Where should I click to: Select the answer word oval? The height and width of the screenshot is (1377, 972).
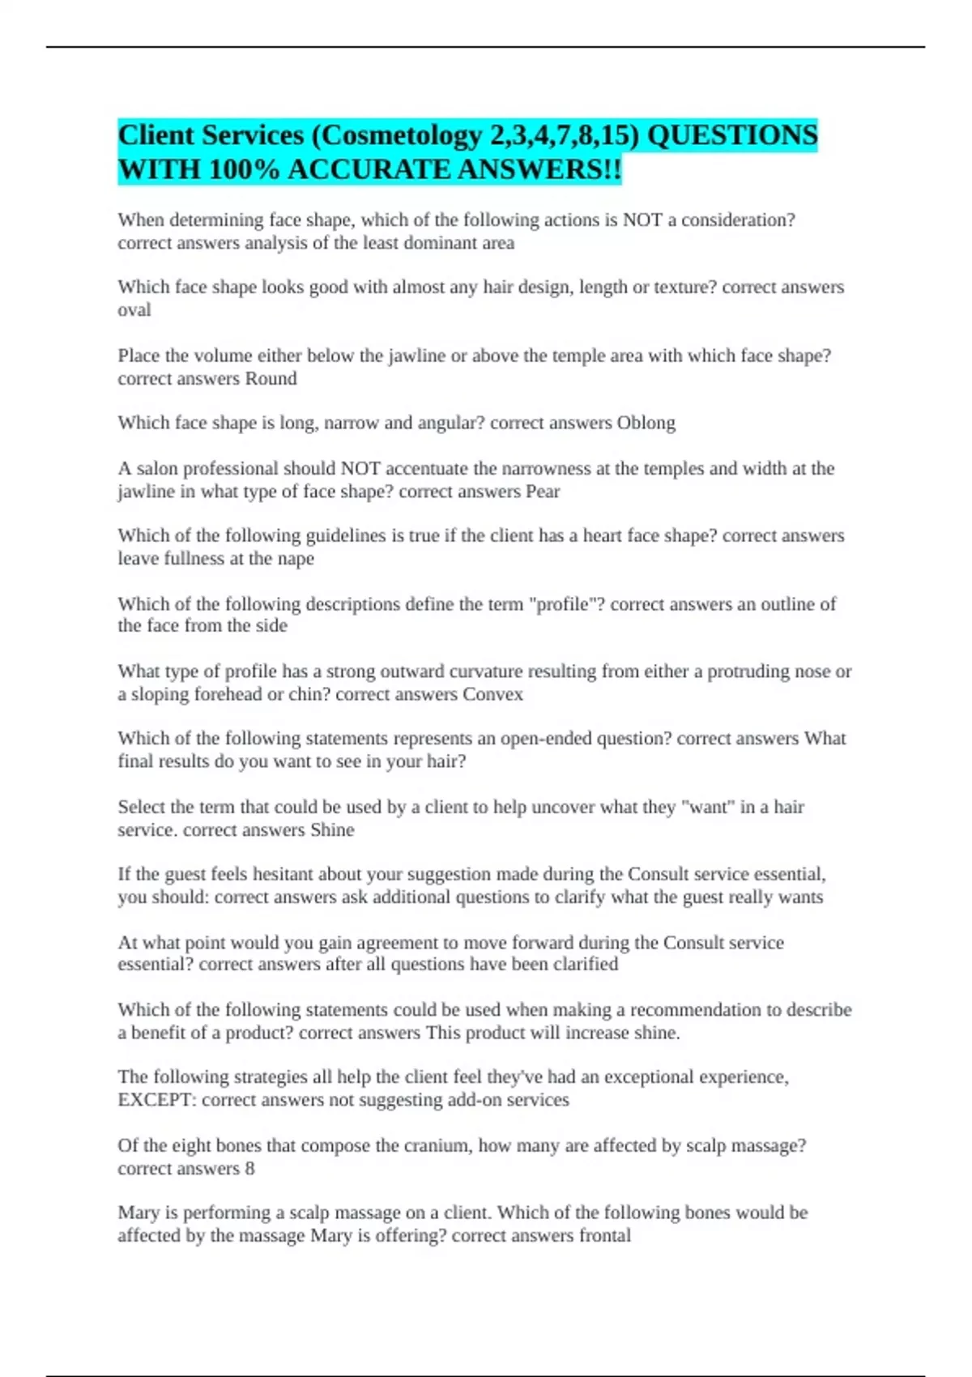134,310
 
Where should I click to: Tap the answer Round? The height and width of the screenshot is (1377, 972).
271,378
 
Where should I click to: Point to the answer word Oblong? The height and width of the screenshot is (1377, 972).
646,423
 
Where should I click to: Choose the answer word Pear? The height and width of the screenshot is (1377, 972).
543,491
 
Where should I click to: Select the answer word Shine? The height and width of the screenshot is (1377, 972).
332,829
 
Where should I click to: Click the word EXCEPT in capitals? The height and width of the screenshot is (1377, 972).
156,1100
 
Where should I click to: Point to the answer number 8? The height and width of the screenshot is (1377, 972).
249,1168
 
